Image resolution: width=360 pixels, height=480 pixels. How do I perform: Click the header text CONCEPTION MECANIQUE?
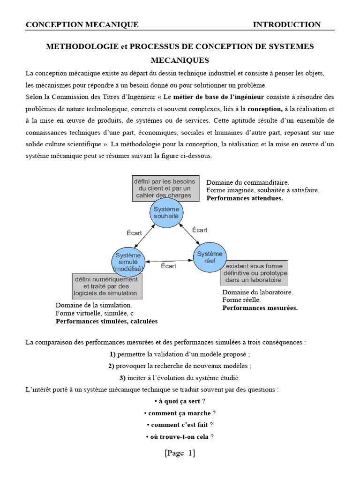click(x=82, y=25)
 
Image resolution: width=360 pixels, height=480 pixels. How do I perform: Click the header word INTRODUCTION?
click(x=287, y=25)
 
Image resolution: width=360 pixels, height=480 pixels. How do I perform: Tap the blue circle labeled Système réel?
click(x=210, y=257)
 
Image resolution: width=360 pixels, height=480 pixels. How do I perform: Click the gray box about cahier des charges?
click(x=162, y=188)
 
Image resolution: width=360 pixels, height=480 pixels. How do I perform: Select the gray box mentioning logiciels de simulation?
click(x=108, y=286)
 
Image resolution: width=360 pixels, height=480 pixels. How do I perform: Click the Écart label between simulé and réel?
click(x=168, y=266)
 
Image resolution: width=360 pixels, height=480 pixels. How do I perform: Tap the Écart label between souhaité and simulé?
click(x=134, y=232)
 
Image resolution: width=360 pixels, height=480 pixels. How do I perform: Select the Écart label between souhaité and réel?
click(x=200, y=230)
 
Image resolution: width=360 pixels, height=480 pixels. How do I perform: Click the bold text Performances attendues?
click(x=245, y=198)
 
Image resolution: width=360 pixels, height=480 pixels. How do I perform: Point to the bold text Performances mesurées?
click(x=260, y=308)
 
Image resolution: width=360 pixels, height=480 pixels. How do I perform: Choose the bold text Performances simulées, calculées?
click(x=106, y=322)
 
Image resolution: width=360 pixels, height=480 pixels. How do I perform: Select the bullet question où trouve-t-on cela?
click(x=180, y=437)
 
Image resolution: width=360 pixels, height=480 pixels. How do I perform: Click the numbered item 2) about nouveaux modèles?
click(x=180, y=366)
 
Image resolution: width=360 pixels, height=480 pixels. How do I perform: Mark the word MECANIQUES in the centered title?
click(x=180, y=60)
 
